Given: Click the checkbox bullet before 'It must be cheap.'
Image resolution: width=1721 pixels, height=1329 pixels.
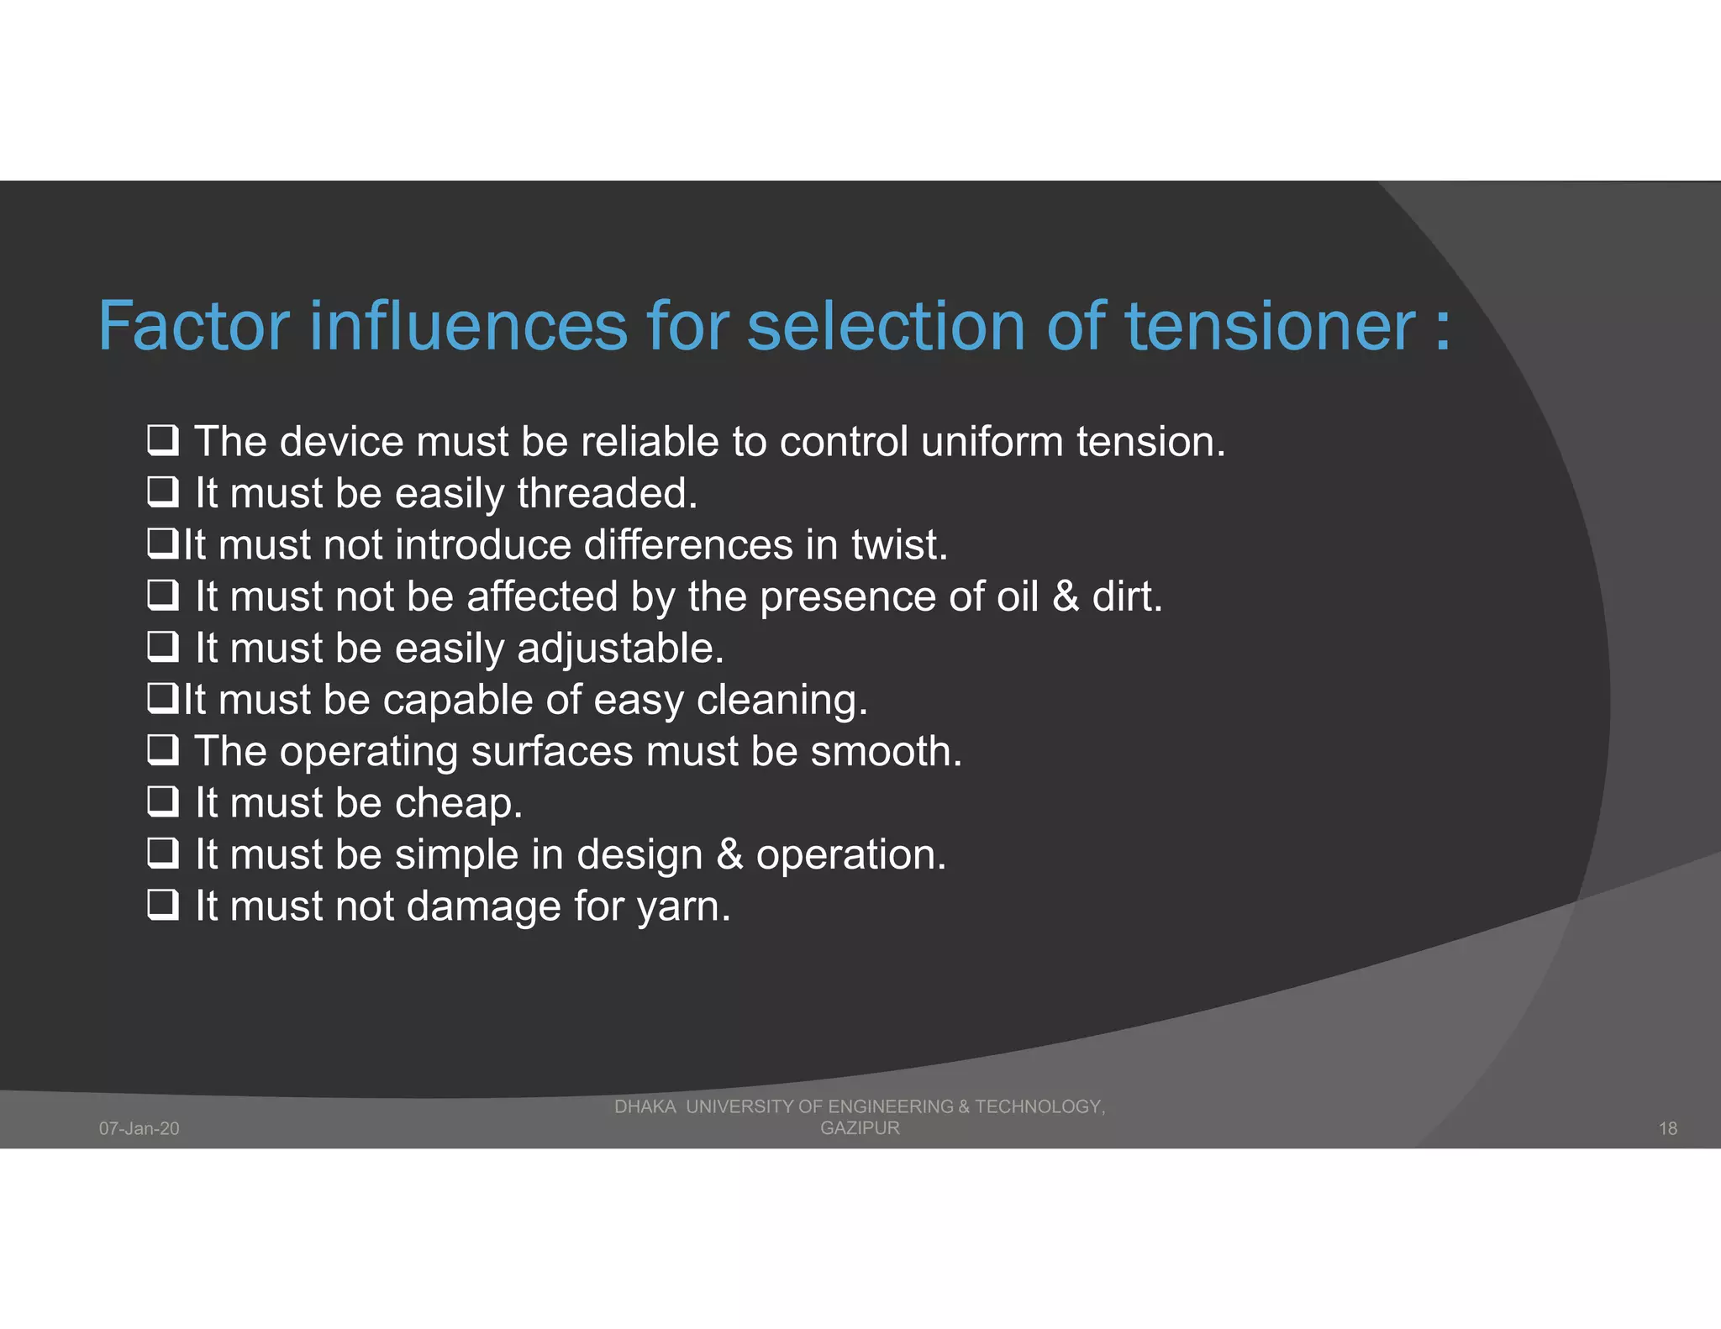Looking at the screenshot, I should pyautogui.click(x=162, y=801).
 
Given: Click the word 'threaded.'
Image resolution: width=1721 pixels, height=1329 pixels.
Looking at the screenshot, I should pyautogui.click(x=608, y=493).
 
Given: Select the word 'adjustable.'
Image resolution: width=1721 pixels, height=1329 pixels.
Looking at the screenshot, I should pyautogui.click(x=620, y=649).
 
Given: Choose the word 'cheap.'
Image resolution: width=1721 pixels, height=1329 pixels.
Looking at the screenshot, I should pyautogui.click(x=459, y=803).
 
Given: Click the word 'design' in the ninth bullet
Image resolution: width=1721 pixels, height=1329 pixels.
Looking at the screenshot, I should pyautogui.click(x=639, y=855).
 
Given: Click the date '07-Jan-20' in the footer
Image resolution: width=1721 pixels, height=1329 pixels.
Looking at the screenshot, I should pyautogui.click(x=139, y=1128).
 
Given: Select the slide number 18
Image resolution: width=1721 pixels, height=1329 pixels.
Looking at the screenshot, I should pyautogui.click(x=1667, y=1128).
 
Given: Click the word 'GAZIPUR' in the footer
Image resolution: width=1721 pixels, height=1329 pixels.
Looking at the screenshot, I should pyautogui.click(x=860, y=1127).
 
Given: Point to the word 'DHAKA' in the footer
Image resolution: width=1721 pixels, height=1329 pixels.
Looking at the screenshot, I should pyautogui.click(x=645, y=1106).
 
